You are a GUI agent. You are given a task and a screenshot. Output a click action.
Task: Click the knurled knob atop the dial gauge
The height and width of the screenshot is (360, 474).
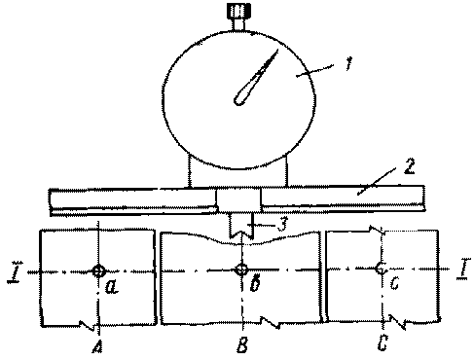[x=238, y=12]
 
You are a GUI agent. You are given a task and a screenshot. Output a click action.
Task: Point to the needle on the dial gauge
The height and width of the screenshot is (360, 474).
[x=255, y=78]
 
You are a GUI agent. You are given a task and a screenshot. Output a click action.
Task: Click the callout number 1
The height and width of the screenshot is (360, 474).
[x=348, y=63]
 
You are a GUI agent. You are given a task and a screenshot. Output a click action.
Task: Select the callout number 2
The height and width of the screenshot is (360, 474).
[x=410, y=166]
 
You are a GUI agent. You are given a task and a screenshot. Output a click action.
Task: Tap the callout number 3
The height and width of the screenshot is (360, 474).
[x=282, y=224]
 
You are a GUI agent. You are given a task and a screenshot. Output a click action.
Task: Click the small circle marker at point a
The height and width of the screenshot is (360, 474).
[x=98, y=270]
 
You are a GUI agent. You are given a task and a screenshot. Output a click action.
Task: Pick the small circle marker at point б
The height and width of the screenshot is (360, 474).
[x=241, y=270]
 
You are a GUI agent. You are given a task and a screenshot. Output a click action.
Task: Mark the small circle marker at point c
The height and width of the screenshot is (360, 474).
[x=380, y=269]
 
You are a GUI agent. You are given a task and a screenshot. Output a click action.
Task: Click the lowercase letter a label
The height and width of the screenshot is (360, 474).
[x=112, y=287]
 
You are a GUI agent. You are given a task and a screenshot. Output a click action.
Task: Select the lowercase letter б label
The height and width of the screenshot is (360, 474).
[x=256, y=284]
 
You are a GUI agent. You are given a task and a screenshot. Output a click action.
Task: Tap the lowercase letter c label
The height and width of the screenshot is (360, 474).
[x=394, y=284]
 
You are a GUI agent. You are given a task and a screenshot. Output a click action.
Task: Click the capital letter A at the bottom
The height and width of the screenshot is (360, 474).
[x=97, y=345]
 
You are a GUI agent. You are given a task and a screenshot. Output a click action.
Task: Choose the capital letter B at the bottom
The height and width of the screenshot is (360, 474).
[x=242, y=344]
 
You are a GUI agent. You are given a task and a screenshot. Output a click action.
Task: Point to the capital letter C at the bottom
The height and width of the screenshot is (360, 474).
[x=383, y=342]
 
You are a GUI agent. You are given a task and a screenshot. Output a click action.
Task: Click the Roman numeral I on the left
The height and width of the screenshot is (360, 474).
[x=14, y=272]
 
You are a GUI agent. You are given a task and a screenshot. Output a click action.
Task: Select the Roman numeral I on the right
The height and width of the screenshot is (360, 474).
[x=462, y=269]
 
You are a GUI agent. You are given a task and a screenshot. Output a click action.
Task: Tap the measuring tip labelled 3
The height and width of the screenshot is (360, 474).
[x=240, y=226]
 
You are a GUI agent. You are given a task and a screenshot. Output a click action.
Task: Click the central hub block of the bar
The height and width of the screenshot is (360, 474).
[x=238, y=200]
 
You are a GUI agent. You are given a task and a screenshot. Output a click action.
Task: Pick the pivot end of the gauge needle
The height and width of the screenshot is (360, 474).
[x=239, y=100]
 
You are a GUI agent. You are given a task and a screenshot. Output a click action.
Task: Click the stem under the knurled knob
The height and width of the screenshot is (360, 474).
[x=238, y=25]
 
